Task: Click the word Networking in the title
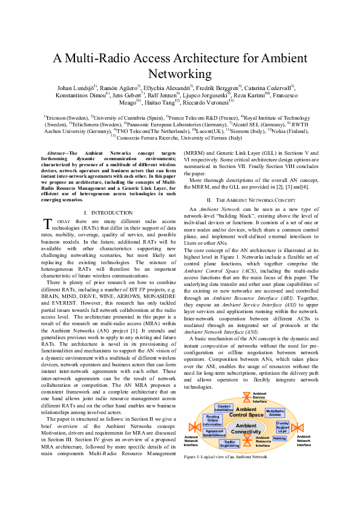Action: pos(180,74)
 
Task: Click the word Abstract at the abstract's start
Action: pos(57,157)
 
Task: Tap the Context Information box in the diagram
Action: pos(224,408)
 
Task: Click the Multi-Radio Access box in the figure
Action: pos(275,413)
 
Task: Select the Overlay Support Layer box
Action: pos(283,427)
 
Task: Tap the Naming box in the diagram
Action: pos(280,438)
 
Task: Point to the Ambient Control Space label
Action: pos(246,412)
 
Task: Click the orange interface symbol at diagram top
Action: pos(246,397)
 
